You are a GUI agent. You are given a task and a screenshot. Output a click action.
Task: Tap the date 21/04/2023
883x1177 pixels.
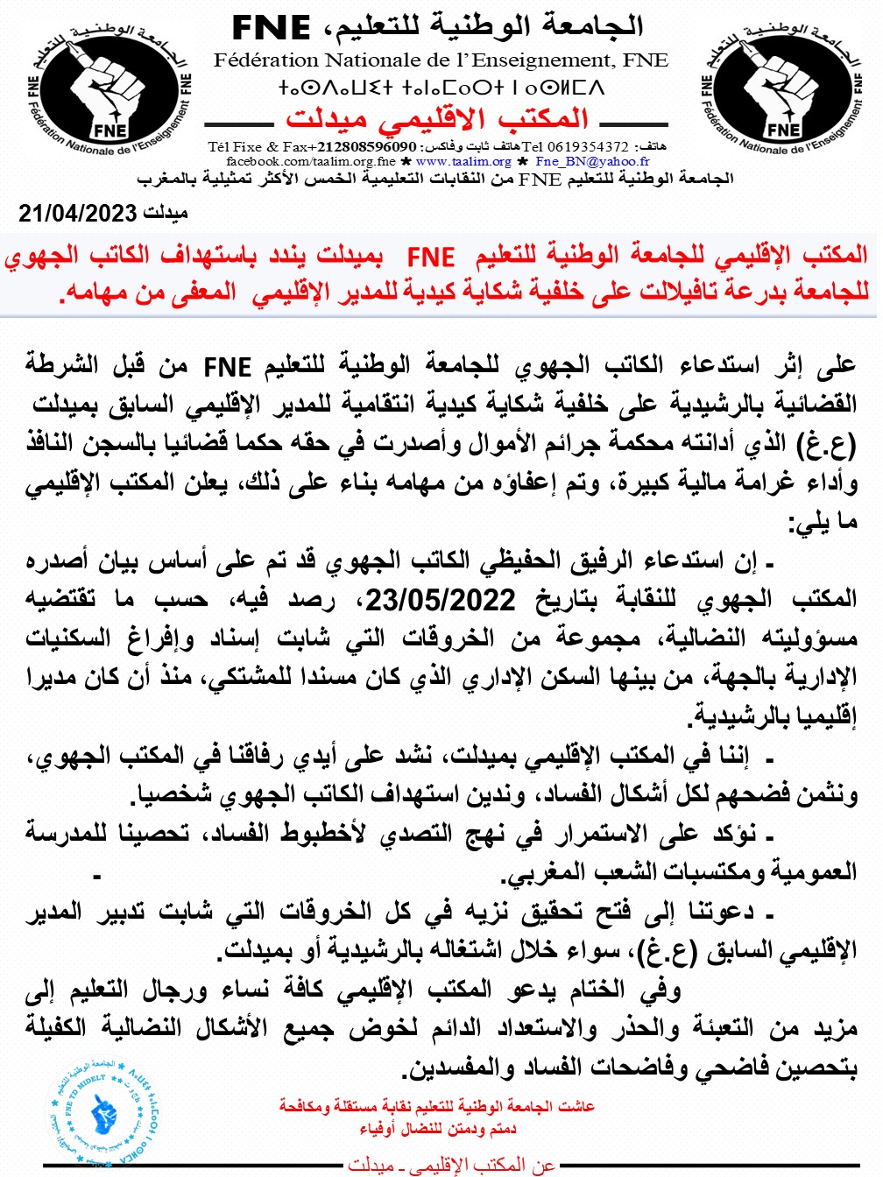pyautogui.click(x=78, y=213)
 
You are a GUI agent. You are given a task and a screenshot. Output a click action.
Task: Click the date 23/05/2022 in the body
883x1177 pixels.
pyautogui.click(x=441, y=599)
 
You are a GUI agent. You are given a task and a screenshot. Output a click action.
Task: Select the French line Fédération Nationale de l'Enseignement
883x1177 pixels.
pyautogui.click(x=441, y=60)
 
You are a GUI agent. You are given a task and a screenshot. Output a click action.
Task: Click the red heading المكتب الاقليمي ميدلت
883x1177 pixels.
pyautogui.click(x=437, y=118)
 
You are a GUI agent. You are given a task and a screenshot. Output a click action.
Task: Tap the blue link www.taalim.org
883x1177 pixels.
pyautogui.click(x=463, y=161)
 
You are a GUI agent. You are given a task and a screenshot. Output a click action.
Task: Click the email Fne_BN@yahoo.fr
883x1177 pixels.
pyautogui.click(x=592, y=161)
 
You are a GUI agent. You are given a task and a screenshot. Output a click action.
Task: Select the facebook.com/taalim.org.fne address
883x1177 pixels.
pyautogui.click(x=311, y=161)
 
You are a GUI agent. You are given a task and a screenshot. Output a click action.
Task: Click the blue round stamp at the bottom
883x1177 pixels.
pyautogui.click(x=104, y=1110)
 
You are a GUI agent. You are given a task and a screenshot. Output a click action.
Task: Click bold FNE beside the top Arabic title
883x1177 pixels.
pyautogui.click(x=271, y=29)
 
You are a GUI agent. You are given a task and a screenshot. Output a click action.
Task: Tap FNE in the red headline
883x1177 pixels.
pyautogui.click(x=431, y=257)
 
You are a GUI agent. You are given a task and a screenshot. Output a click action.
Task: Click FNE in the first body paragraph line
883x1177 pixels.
pyautogui.click(x=228, y=366)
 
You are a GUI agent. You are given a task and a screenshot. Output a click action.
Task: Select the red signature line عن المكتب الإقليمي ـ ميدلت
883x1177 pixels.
pyautogui.click(x=451, y=1165)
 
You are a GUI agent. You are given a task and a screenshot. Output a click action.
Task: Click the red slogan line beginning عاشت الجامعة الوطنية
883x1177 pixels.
pyautogui.click(x=437, y=1106)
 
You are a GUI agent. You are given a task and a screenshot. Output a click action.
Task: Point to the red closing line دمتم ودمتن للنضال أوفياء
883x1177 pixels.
pyautogui.click(x=437, y=1128)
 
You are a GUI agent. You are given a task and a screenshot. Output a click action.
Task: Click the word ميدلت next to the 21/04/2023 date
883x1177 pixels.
pyautogui.click(x=166, y=213)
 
